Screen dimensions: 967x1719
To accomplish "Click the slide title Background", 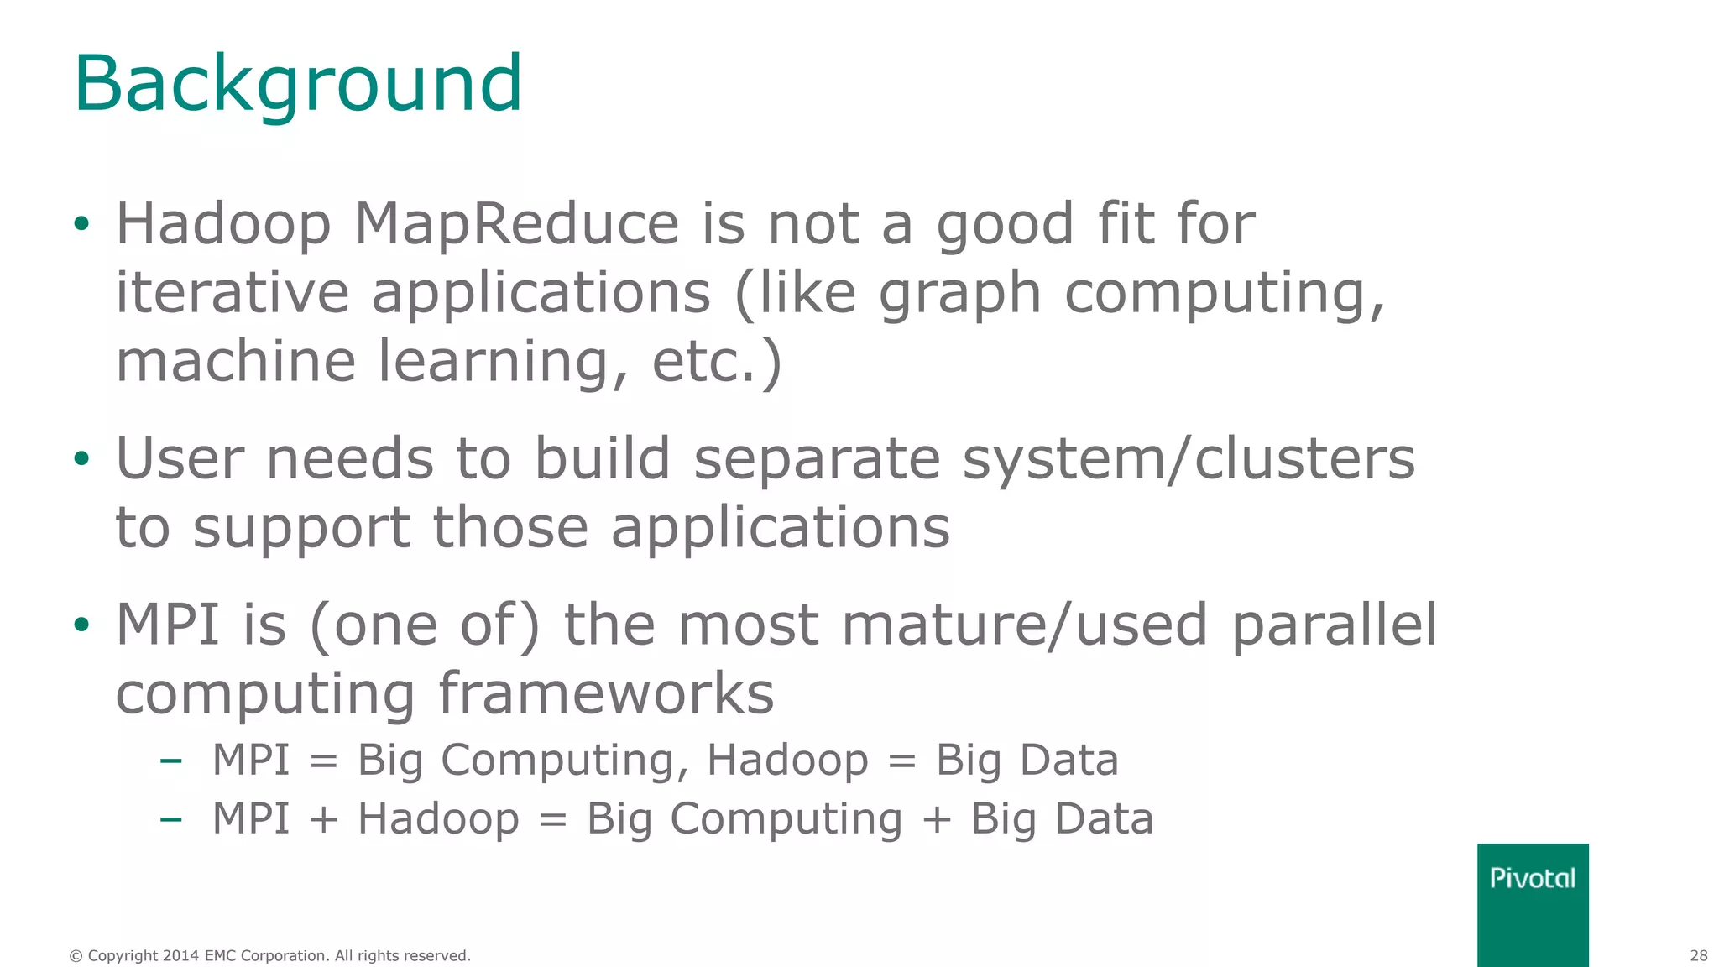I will coord(298,84).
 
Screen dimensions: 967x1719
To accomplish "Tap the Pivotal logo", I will coord(1532,879).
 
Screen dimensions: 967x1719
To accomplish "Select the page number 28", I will coord(1698,955).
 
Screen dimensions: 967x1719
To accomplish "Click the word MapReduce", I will coord(516,224).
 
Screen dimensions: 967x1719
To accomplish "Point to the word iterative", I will coord(232,293).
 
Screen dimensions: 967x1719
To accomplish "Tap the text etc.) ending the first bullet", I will coord(717,362).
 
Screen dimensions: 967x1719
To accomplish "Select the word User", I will coord(180,459).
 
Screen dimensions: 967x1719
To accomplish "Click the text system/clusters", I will coord(1189,459).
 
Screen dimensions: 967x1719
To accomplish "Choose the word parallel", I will coord(1334,625).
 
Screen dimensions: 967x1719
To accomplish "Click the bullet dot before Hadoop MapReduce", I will coord(81,224).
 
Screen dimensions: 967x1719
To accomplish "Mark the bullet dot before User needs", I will coord(81,459).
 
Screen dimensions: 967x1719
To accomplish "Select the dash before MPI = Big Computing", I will coord(170,761).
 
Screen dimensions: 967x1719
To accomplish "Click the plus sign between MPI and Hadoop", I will coord(323,819).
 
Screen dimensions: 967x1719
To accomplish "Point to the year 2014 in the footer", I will coord(180,955).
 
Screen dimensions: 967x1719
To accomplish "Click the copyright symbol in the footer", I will coord(76,955).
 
